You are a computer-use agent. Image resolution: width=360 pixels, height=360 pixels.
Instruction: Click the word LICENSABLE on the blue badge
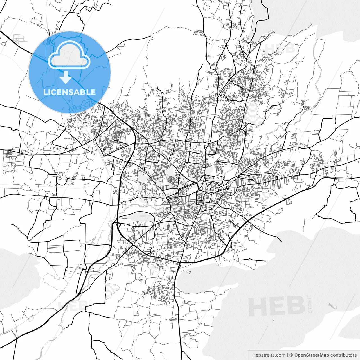pos(69,92)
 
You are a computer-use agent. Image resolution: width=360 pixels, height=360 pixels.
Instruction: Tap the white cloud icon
pos(69,55)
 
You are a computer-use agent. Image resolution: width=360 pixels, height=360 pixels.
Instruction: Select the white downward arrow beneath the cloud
pos(66,77)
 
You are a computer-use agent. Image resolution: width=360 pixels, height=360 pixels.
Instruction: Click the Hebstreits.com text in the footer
pos(269,355)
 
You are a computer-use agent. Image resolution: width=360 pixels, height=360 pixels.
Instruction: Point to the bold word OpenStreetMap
pos(312,355)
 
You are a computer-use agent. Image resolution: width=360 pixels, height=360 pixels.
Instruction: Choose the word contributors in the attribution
pos(343,355)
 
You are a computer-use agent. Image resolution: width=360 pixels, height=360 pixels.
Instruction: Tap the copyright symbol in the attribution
pos(291,355)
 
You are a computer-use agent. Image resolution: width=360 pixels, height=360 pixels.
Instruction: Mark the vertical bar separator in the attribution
pos(287,355)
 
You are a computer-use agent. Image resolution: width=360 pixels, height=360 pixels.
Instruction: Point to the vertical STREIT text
pos(310,304)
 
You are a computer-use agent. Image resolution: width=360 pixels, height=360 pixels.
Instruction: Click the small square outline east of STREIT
pos(335,307)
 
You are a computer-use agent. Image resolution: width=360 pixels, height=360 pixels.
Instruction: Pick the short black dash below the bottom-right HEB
pos(273,321)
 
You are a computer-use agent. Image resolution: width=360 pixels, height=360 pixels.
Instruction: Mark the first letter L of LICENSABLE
pos(45,92)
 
